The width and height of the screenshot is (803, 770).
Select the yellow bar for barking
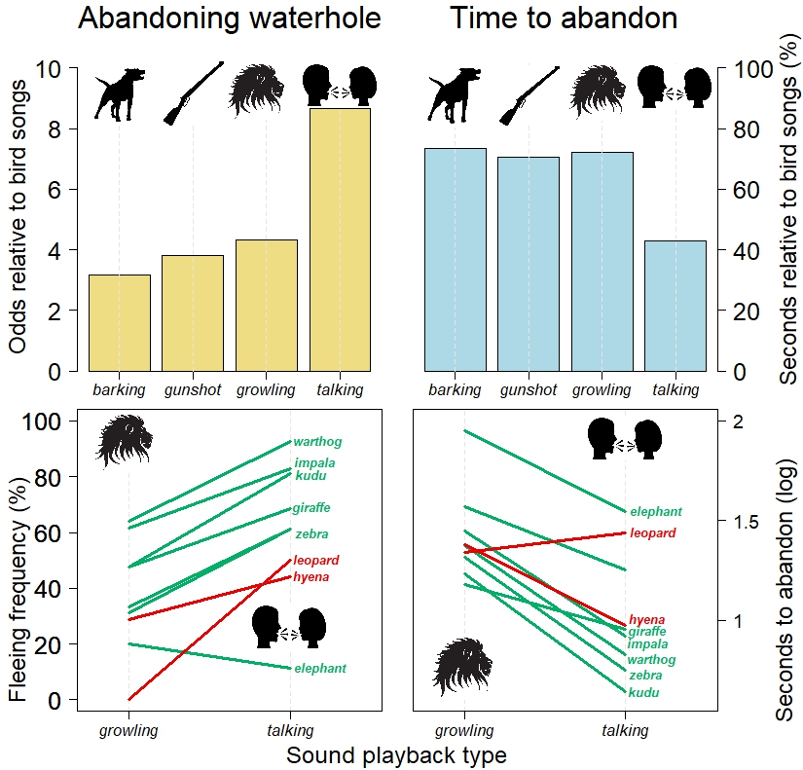pyautogui.click(x=120, y=322)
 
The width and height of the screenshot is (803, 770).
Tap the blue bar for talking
pyautogui.click(x=675, y=306)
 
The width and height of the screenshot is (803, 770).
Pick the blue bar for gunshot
pyautogui.click(x=529, y=264)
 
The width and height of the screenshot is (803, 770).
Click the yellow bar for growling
pyautogui.click(x=267, y=305)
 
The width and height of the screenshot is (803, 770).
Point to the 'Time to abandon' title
pyautogui.click(x=564, y=19)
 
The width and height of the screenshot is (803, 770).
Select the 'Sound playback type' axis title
pyautogui.click(x=397, y=755)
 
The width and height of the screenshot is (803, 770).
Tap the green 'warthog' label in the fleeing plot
pyautogui.click(x=317, y=442)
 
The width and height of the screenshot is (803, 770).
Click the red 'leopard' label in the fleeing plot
pyautogui.click(x=315, y=561)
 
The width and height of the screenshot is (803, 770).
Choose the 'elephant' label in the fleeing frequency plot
pyautogui.click(x=320, y=669)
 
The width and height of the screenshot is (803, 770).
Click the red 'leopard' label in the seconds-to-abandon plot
pyautogui.click(x=652, y=533)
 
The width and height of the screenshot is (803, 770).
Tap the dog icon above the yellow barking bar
pyautogui.click(x=119, y=94)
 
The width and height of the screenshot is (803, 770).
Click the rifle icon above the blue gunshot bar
pyautogui.click(x=529, y=94)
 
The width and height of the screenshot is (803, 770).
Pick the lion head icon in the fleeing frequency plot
pyautogui.click(x=124, y=440)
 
